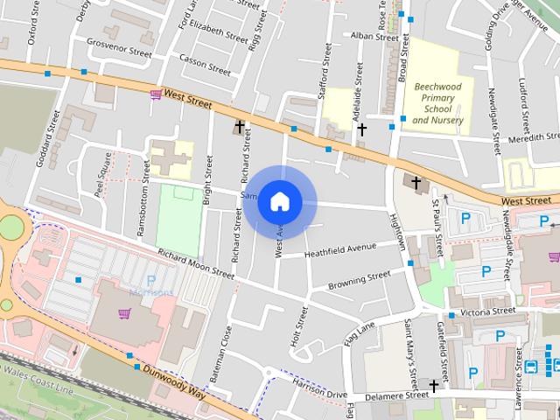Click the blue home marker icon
pyautogui.click(x=279, y=202)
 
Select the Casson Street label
pyautogui.click(x=203, y=58)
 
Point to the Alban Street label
pyautogui.click(x=374, y=37)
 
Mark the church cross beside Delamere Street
pyautogui.click(x=434, y=385)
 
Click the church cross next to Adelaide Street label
pyautogui.click(x=361, y=129)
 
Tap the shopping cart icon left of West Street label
pyautogui.click(x=155, y=94)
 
